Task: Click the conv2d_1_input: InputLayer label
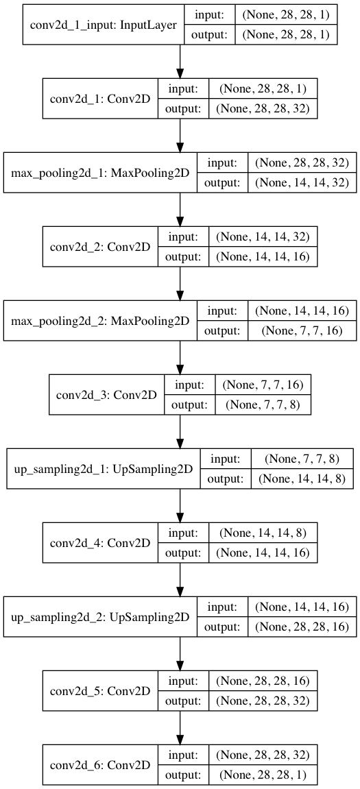[x=104, y=25]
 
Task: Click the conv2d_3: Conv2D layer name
[x=106, y=395]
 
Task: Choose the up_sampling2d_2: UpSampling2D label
[x=100, y=616]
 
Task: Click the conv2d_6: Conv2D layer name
[x=100, y=765]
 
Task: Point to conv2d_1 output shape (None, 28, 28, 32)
[x=263, y=108]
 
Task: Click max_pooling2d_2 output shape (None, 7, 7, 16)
[x=302, y=331]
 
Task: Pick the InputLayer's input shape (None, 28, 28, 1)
[x=286, y=16]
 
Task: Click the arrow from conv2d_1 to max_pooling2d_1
[x=180, y=135]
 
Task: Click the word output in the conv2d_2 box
[x=183, y=256]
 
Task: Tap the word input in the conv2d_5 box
[x=183, y=681]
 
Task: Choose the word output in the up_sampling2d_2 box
[x=223, y=627]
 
